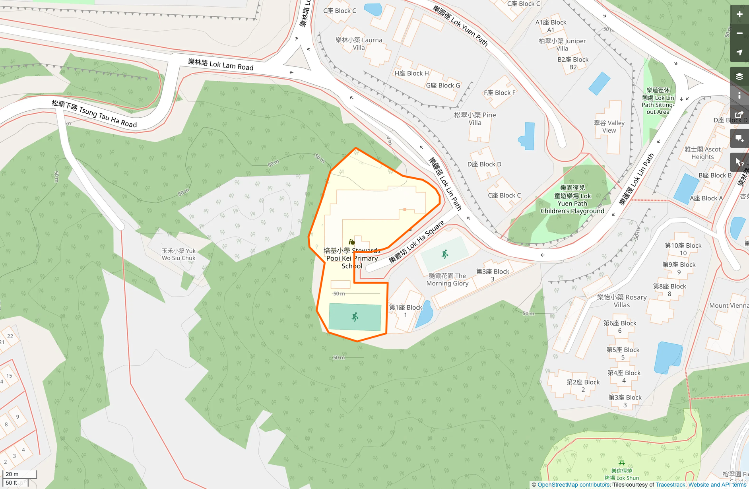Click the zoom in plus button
[739, 14]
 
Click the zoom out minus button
[739, 33]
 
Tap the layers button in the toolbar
[739, 76]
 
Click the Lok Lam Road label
[221, 64]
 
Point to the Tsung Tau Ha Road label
[94, 114]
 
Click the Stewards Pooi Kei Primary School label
[352, 258]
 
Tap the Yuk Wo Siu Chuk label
[179, 254]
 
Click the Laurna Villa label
[359, 44]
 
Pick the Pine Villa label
[475, 119]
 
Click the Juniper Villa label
[562, 45]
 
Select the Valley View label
[609, 127]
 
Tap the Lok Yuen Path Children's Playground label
[572, 199]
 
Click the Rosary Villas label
[622, 301]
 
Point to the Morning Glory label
[447, 279]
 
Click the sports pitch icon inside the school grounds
[355, 317]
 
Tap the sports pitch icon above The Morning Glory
[445, 254]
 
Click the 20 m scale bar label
[12, 474]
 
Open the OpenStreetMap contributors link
[573, 485]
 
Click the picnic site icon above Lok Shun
[622, 463]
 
